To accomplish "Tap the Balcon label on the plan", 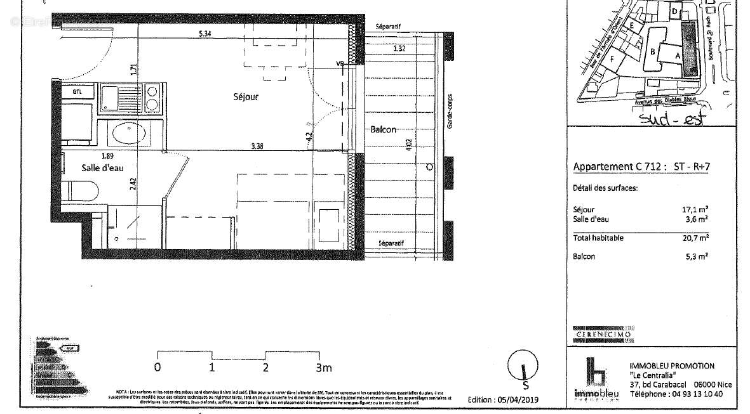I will (383, 129).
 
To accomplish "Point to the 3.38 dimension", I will (257, 146).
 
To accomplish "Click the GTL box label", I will (77, 91).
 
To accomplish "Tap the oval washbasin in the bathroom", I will (129, 133).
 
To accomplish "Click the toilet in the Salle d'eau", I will (82, 190).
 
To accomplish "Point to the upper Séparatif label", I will (388, 27).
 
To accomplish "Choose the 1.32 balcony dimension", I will (399, 48).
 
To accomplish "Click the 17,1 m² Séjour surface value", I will (697, 209).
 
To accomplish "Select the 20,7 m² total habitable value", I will (697, 238).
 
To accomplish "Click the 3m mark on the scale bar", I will (323, 367).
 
